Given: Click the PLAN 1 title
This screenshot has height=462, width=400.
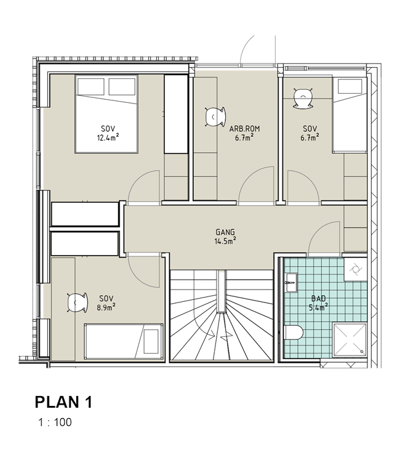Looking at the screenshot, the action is [63, 402].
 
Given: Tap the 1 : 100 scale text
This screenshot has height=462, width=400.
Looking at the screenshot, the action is [55, 422].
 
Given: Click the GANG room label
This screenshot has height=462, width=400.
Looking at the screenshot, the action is [225, 232].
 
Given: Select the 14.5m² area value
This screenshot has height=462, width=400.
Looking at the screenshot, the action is [225, 241].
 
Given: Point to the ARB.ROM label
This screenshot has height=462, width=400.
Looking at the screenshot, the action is [244, 129].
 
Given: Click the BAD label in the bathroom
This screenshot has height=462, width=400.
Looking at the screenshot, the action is [319, 299].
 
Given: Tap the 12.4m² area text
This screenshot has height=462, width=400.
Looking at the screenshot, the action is [108, 137].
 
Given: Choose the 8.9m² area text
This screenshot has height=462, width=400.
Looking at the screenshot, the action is [106, 307].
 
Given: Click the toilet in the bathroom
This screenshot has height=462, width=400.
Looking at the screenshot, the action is [294, 333].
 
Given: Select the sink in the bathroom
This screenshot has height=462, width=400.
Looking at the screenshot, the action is [291, 283].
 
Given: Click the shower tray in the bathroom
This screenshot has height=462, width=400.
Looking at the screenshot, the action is [350, 339].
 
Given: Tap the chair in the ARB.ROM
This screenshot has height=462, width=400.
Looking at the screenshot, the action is [215, 117].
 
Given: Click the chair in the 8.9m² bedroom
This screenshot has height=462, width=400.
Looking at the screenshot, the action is [78, 302].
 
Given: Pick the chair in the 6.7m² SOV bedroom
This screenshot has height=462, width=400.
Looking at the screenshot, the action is [303, 98].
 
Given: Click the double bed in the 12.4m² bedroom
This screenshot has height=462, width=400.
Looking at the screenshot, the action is [106, 114].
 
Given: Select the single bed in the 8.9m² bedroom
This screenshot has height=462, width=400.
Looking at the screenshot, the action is [124, 341].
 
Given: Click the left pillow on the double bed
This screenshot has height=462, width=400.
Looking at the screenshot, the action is [90, 86].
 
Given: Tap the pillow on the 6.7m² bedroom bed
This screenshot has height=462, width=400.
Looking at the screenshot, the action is [350, 86].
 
